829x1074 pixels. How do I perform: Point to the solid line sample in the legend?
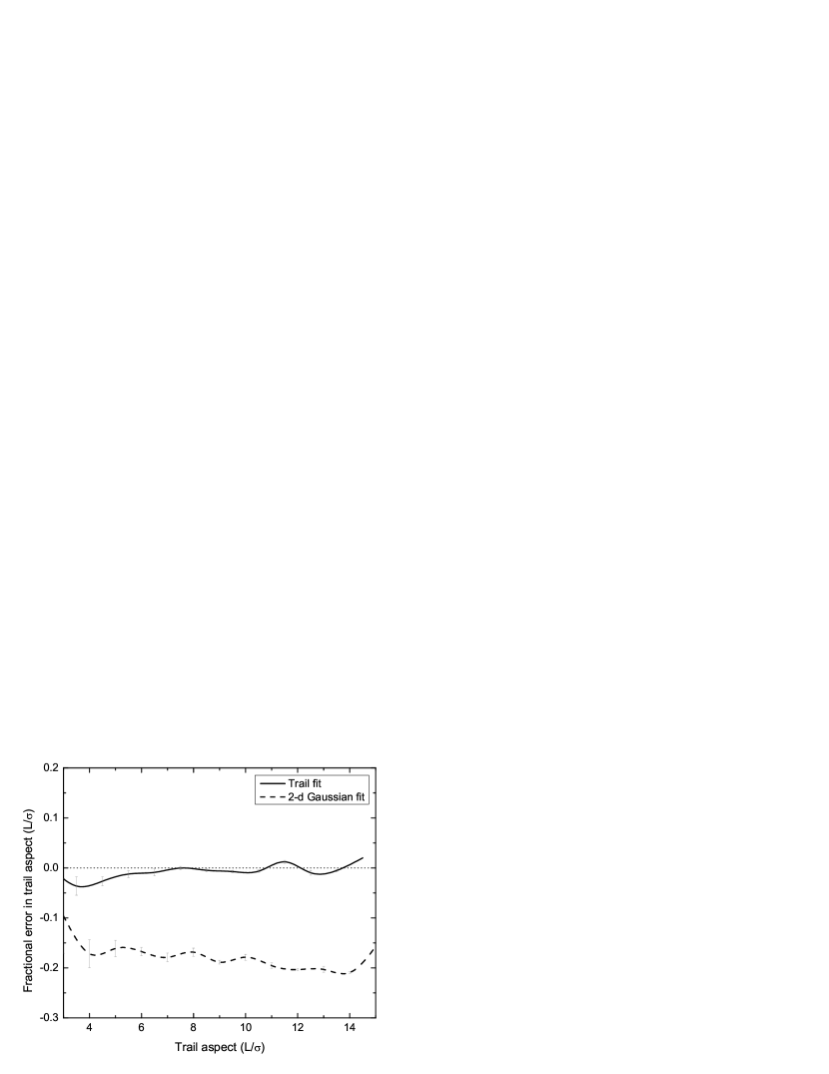pos(271,783)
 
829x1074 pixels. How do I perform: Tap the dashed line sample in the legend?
pos(271,796)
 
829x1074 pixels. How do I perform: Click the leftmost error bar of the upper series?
pos(77,886)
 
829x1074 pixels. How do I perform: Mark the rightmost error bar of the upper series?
pos(337,871)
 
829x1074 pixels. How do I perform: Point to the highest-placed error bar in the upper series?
pos(285,860)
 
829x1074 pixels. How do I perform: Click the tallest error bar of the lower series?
pos(90,954)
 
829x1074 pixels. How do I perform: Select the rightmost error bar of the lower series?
pos(349,971)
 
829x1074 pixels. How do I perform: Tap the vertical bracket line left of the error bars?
pos(65,915)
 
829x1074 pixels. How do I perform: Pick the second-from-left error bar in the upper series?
pos(103,881)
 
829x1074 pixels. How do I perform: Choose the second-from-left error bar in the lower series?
pos(116,948)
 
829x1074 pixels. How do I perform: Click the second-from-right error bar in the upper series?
pos(311,873)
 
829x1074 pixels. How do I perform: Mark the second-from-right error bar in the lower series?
pos(324,968)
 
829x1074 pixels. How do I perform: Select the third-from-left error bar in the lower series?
pos(141,950)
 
